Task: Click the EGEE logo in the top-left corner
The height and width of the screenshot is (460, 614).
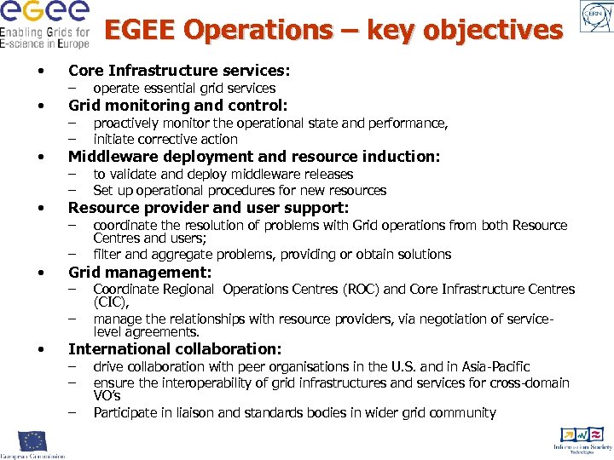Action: [x=44, y=24]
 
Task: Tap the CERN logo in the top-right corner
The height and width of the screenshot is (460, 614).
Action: [x=594, y=17]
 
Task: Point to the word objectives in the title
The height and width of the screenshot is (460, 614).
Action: [x=494, y=31]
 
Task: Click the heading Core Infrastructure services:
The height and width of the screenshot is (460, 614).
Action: [x=178, y=70]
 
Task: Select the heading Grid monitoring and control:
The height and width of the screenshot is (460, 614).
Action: [x=177, y=106]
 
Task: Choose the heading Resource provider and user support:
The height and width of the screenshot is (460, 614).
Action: [x=208, y=208]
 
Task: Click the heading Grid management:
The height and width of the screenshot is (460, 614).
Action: [x=139, y=273]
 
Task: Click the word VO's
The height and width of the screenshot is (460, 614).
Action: [x=107, y=396]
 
